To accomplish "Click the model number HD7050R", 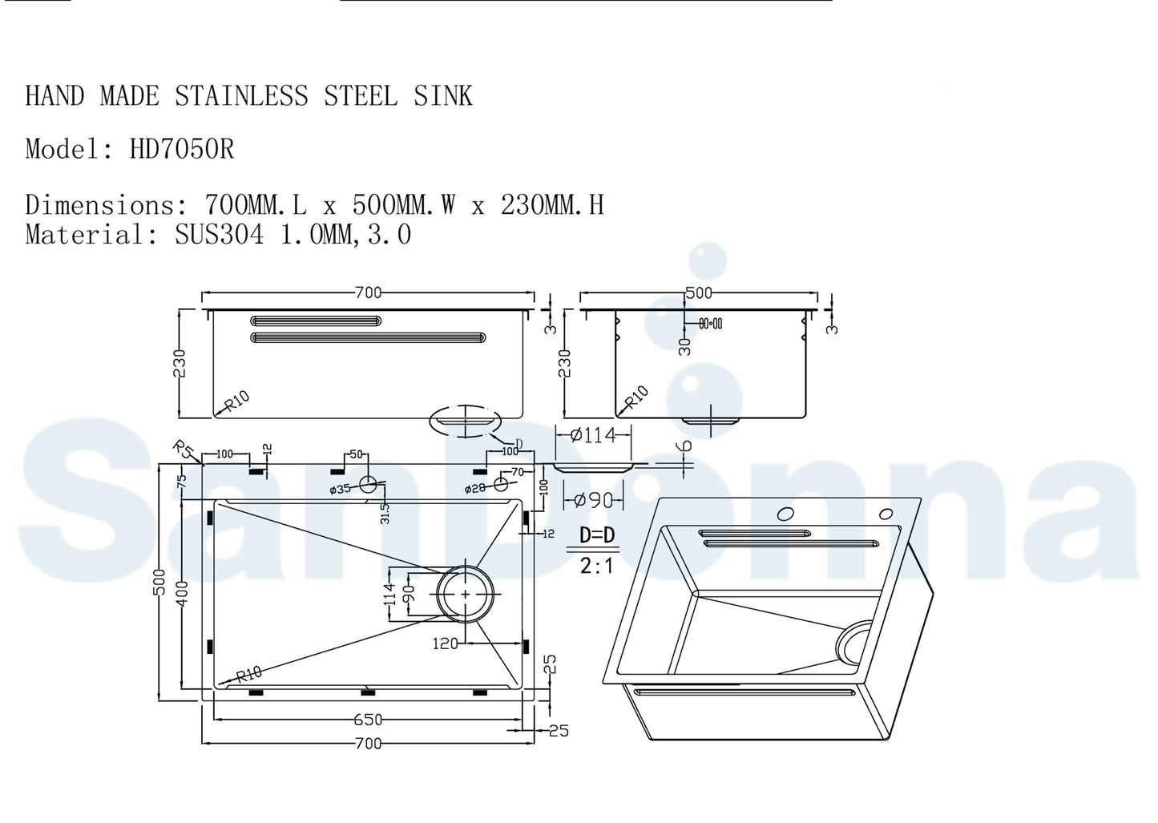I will pyautogui.click(x=182, y=149).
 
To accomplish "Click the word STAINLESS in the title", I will pyautogui.click(x=241, y=96).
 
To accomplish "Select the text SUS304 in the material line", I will pyautogui.click(x=219, y=235).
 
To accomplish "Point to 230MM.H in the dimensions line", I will pyautogui.click(x=552, y=205).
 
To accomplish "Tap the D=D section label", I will pyautogui.click(x=597, y=535).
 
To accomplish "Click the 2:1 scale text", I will pyautogui.click(x=597, y=566).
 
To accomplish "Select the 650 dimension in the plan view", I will pyautogui.click(x=368, y=719).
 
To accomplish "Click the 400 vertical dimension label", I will pyautogui.click(x=184, y=594).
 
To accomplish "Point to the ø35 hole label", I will pyautogui.click(x=340, y=489).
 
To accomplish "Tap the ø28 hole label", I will pyautogui.click(x=477, y=488).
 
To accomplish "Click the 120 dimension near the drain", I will pyautogui.click(x=445, y=643).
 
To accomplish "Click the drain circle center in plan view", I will pyautogui.click(x=466, y=594).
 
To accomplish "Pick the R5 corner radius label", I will pyautogui.click(x=184, y=450).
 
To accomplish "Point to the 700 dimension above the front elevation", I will pyautogui.click(x=368, y=292).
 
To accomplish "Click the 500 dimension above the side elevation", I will pyautogui.click(x=699, y=292).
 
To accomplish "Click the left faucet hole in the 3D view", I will pyautogui.click(x=785, y=514).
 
